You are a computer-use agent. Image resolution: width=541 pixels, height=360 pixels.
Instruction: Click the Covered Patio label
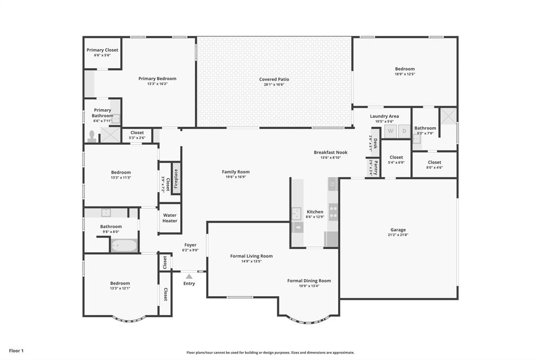pos(274,79)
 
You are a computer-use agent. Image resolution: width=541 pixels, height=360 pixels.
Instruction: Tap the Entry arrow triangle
pos(189,276)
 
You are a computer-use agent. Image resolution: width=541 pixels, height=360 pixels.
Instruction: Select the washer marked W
pos(390,131)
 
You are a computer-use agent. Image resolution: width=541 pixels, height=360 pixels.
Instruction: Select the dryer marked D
pos(404,131)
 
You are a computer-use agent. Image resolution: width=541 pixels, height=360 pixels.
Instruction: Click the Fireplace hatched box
pos(176,178)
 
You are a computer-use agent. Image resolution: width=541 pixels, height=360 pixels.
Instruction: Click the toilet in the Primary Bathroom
pos(92,136)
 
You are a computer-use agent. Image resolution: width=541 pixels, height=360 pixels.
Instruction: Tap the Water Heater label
pos(170,218)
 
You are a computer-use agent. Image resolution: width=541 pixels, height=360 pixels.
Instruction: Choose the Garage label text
pos(398,230)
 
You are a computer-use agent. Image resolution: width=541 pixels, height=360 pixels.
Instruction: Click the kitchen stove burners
pos(333,212)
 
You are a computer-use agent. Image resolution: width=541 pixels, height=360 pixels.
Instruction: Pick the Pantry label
pos(375,167)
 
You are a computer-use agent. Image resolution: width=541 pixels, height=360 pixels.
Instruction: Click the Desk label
pos(375,143)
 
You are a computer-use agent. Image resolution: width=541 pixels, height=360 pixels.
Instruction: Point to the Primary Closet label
pos(102,50)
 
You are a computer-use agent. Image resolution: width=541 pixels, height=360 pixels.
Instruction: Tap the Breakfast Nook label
pos(330,152)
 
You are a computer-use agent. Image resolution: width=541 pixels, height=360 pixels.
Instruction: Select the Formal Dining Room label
pos(309,281)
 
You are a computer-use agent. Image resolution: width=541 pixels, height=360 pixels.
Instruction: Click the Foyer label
pos(190,245)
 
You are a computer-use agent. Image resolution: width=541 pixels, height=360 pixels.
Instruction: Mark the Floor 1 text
pos(16,350)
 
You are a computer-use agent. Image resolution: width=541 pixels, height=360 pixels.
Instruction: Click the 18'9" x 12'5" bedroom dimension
pos(405,74)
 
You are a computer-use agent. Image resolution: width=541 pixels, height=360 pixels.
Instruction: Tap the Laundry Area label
pos(384,116)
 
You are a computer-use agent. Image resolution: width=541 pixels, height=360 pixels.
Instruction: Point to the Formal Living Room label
pos(251,256)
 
